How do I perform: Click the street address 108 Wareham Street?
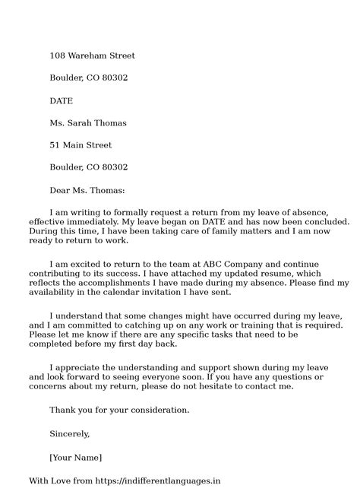[93, 55]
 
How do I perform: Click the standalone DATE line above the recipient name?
[61, 100]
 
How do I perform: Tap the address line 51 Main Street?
[81, 145]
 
